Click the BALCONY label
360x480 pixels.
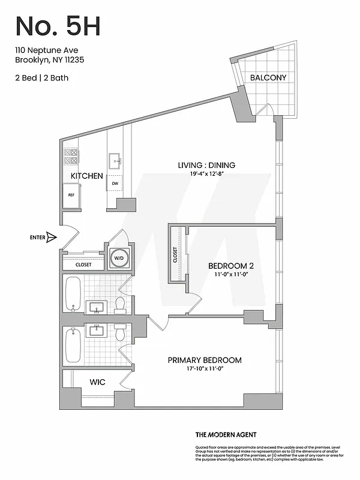(x=268, y=77)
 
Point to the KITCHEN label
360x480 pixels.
(x=87, y=176)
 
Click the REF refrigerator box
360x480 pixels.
(x=71, y=195)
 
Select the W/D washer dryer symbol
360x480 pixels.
(x=119, y=258)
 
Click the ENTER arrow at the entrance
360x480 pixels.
(x=50, y=238)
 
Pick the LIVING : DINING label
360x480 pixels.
(x=206, y=165)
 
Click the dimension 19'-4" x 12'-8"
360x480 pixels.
(x=206, y=175)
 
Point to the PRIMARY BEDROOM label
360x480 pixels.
(x=205, y=360)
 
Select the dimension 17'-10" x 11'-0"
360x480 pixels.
(x=205, y=370)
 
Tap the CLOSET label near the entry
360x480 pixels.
(x=83, y=264)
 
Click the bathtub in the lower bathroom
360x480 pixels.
(x=73, y=346)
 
